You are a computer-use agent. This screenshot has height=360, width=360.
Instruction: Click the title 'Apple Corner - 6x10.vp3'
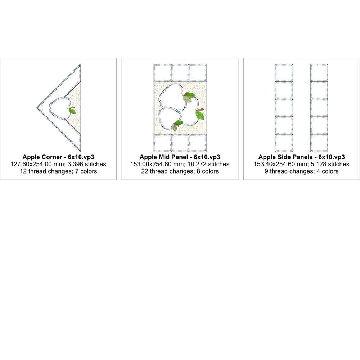tap(58, 157)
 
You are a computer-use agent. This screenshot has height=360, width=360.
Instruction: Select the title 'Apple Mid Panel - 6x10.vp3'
tap(180, 157)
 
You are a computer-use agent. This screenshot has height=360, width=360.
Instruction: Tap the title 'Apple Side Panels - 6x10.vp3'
tap(301, 157)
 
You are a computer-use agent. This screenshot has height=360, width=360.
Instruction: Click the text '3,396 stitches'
tap(87, 164)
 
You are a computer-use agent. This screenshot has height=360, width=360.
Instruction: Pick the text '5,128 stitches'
tap(330, 164)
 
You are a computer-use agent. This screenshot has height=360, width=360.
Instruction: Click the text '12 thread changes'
tap(45, 171)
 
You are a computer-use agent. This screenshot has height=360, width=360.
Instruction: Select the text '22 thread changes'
tap(167, 171)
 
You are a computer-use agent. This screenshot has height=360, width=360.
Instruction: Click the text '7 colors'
tap(86, 171)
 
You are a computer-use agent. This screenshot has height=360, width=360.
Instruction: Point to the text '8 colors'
tap(208, 171)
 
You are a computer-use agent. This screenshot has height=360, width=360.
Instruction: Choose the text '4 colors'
tap(327, 171)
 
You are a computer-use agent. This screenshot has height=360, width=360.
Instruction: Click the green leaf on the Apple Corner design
tap(72, 111)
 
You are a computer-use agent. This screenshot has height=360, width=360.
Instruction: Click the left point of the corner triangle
tap(37, 107)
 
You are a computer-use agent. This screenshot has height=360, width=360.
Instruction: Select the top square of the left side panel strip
tap(284, 73)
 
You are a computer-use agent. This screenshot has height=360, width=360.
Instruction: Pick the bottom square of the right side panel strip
tap(319, 143)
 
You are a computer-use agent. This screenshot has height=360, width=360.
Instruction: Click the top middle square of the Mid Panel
tap(180, 73)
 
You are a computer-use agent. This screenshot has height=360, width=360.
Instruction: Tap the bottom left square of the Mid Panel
tap(162, 143)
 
